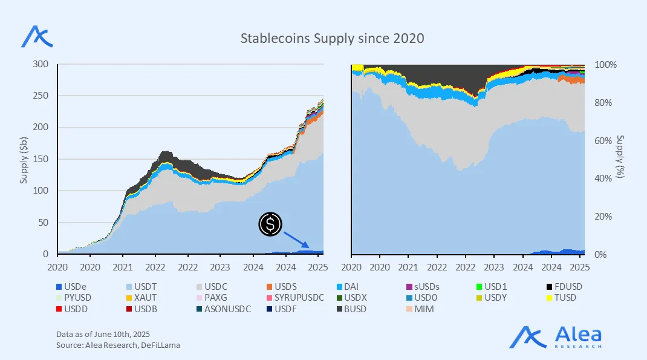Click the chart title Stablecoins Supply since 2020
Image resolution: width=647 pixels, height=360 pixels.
pos(333,38)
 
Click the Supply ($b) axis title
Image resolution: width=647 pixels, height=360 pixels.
pos(24,158)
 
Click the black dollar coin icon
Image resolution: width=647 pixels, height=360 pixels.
pos(270,224)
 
